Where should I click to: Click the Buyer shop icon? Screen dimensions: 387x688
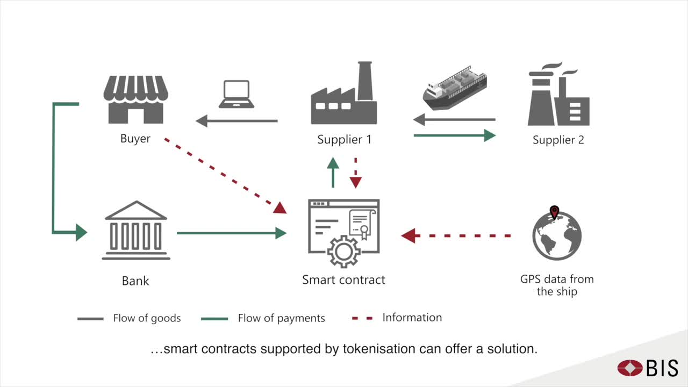(x=135, y=100)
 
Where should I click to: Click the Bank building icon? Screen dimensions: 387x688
(x=135, y=231)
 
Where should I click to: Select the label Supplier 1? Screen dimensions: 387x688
(x=344, y=140)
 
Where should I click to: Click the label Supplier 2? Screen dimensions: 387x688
(x=558, y=140)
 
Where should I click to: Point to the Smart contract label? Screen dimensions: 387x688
(x=343, y=280)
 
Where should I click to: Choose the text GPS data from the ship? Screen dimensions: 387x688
(x=557, y=285)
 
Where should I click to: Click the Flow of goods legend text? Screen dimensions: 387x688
(x=147, y=318)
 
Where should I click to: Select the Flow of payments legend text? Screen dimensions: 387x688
(x=281, y=318)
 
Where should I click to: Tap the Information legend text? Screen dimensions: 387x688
(x=412, y=318)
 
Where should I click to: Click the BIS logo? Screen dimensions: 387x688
(x=648, y=368)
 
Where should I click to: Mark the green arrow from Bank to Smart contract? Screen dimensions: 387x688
(x=231, y=233)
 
